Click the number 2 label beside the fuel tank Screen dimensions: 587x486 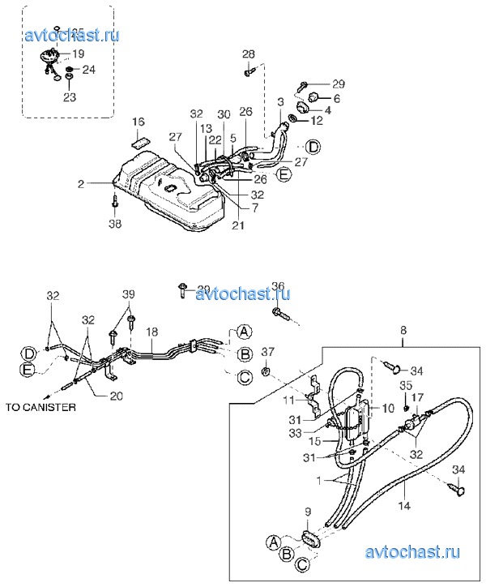click(81, 185)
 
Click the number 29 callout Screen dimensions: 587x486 click(338, 84)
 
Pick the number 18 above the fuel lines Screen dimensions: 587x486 click(151, 332)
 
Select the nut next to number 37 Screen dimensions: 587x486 click(265, 374)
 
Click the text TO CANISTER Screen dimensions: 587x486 click(40, 407)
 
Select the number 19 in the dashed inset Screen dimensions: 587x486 click(78, 54)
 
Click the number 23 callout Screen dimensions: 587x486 click(70, 97)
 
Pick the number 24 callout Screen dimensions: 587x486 click(88, 70)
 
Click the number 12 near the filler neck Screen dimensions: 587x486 click(318, 120)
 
